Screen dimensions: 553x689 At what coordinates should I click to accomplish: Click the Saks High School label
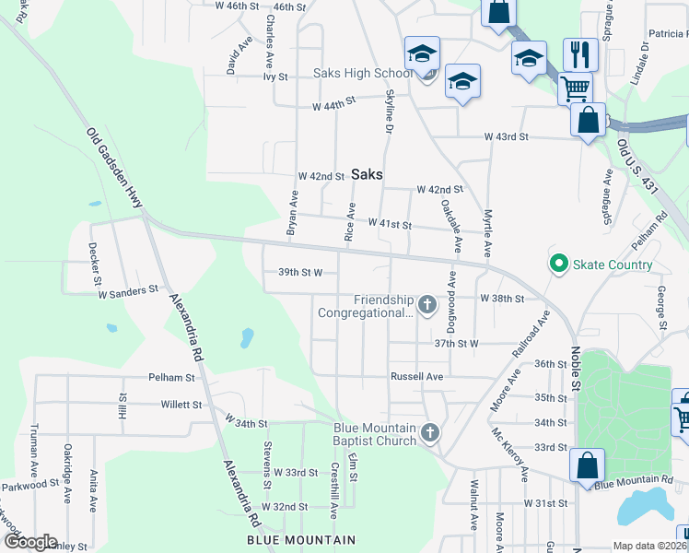[x=362, y=74]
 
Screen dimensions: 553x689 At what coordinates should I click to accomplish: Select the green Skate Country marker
[x=557, y=265]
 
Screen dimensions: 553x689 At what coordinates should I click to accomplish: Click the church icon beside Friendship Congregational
[x=426, y=303]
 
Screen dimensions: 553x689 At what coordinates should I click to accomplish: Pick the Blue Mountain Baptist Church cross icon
[x=429, y=432]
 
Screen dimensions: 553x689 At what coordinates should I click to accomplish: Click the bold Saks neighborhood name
[x=366, y=173]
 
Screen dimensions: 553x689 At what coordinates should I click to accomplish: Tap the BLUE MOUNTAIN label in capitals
[x=300, y=540]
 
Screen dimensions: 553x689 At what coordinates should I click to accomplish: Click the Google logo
[x=29, y=542]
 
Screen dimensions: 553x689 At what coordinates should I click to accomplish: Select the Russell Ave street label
[x=416, y=377]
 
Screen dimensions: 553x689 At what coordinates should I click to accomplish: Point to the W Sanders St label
[x=129, y=291]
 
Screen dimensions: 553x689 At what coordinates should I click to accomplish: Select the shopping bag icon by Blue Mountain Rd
[x=587, y=465]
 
